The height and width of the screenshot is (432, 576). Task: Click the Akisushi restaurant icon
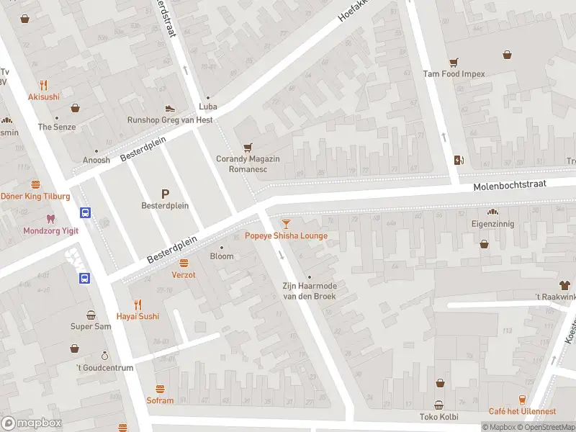[44, 84]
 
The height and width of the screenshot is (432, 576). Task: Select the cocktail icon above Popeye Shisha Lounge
[286, 224]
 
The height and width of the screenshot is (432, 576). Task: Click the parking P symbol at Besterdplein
[165, 193]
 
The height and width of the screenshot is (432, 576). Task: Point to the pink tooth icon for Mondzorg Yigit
[50, 218]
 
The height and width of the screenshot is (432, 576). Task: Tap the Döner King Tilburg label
[35, 197]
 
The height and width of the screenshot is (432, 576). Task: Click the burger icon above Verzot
[184, 263]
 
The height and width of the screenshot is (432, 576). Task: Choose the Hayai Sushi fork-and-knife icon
[138, 304]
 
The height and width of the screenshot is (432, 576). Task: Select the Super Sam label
[91, 326]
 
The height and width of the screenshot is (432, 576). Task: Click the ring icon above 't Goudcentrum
[104, 356]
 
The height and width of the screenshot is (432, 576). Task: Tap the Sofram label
[160, 400]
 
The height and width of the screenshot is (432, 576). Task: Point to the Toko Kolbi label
[438, 416]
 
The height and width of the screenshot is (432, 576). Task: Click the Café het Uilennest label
[522, 411]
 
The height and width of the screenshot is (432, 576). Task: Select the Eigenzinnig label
[493, 224]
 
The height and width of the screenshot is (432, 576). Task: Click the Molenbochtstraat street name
[510, 186]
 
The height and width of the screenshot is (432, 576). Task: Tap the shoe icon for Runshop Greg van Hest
[169, 108]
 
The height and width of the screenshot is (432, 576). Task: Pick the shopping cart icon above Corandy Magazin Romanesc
[248, 146]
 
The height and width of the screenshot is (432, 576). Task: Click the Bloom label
[222, 256]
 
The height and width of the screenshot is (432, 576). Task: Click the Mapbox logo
[32, 423]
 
